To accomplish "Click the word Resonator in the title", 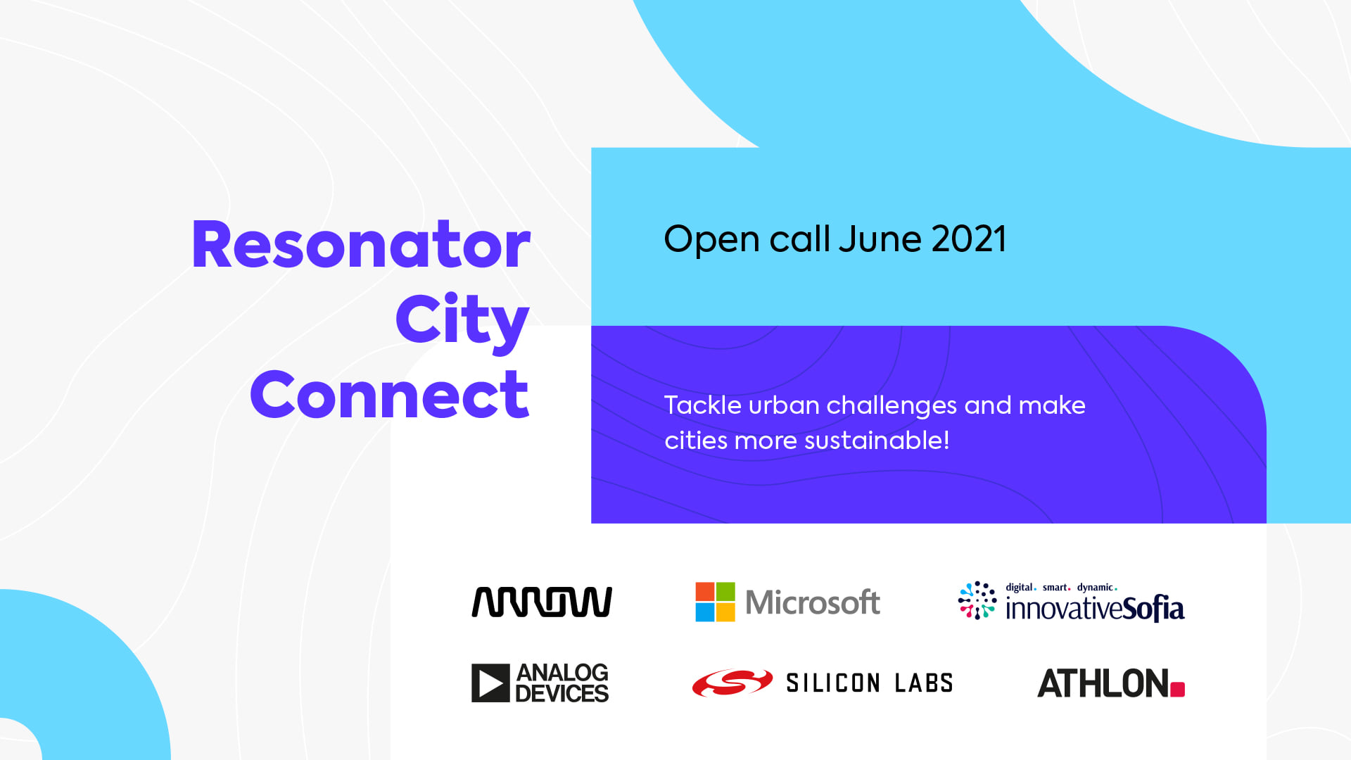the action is coord(361,245).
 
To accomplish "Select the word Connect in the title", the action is coord(389,395).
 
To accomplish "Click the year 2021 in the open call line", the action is coord(969,239).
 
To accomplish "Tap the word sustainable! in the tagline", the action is coord(877,441).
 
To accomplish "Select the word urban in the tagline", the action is coord(784,405).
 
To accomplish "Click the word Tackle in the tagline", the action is coord(703,405).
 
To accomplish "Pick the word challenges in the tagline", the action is coord(892,407).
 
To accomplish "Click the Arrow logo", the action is coord(542,602).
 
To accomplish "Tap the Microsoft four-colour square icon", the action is coord(715,602).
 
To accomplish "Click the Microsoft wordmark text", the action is coord(813,602).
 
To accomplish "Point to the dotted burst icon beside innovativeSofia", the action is coord(977,600).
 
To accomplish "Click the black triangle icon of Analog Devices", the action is coord(490,683).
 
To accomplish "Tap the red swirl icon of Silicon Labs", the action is coord(732,683).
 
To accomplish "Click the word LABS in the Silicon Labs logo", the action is coord(924,683).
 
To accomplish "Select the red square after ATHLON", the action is coord(1177,689).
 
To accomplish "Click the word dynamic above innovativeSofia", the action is coord(1095,588).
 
